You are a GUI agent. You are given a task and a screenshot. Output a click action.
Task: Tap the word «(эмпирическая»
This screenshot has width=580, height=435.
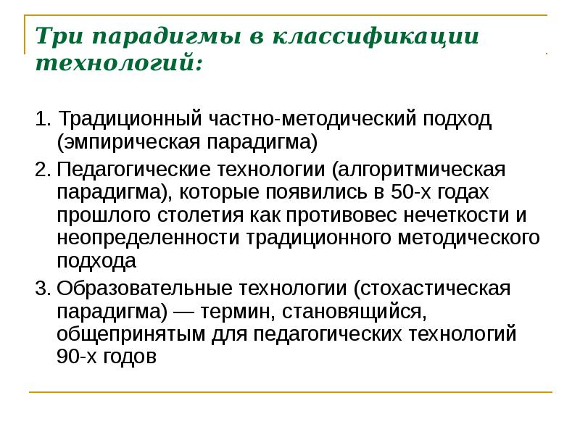click(x=128, y=141)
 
